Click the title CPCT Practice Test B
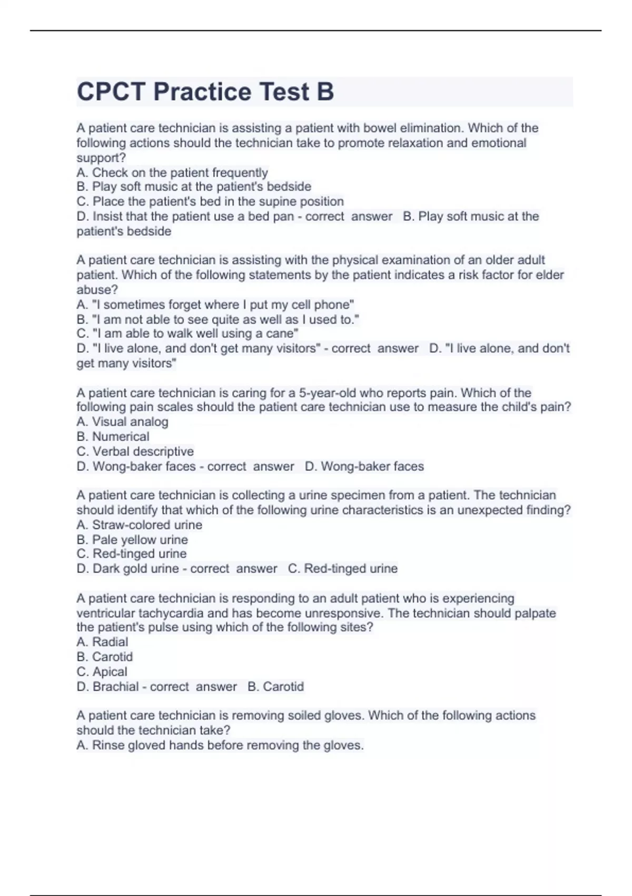(x=205, y=92)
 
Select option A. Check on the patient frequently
(x=172, y=172)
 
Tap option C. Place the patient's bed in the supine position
(x=210, y=201)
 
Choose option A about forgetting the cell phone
(x=215, y=305)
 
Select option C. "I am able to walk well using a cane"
(x=187, y=334)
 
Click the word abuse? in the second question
(x=97, y=289)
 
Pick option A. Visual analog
(x=122, y=422)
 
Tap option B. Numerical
(x=113, y=436)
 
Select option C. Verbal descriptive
(x=135, y=452)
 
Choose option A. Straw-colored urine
(x=139, y=525)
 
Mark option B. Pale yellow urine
(x=132, y=540)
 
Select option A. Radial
(x=102, y=642)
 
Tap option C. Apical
(x=102, y=671)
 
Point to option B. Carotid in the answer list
(x=104, y=657)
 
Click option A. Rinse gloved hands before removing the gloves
(x=220, y=745)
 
